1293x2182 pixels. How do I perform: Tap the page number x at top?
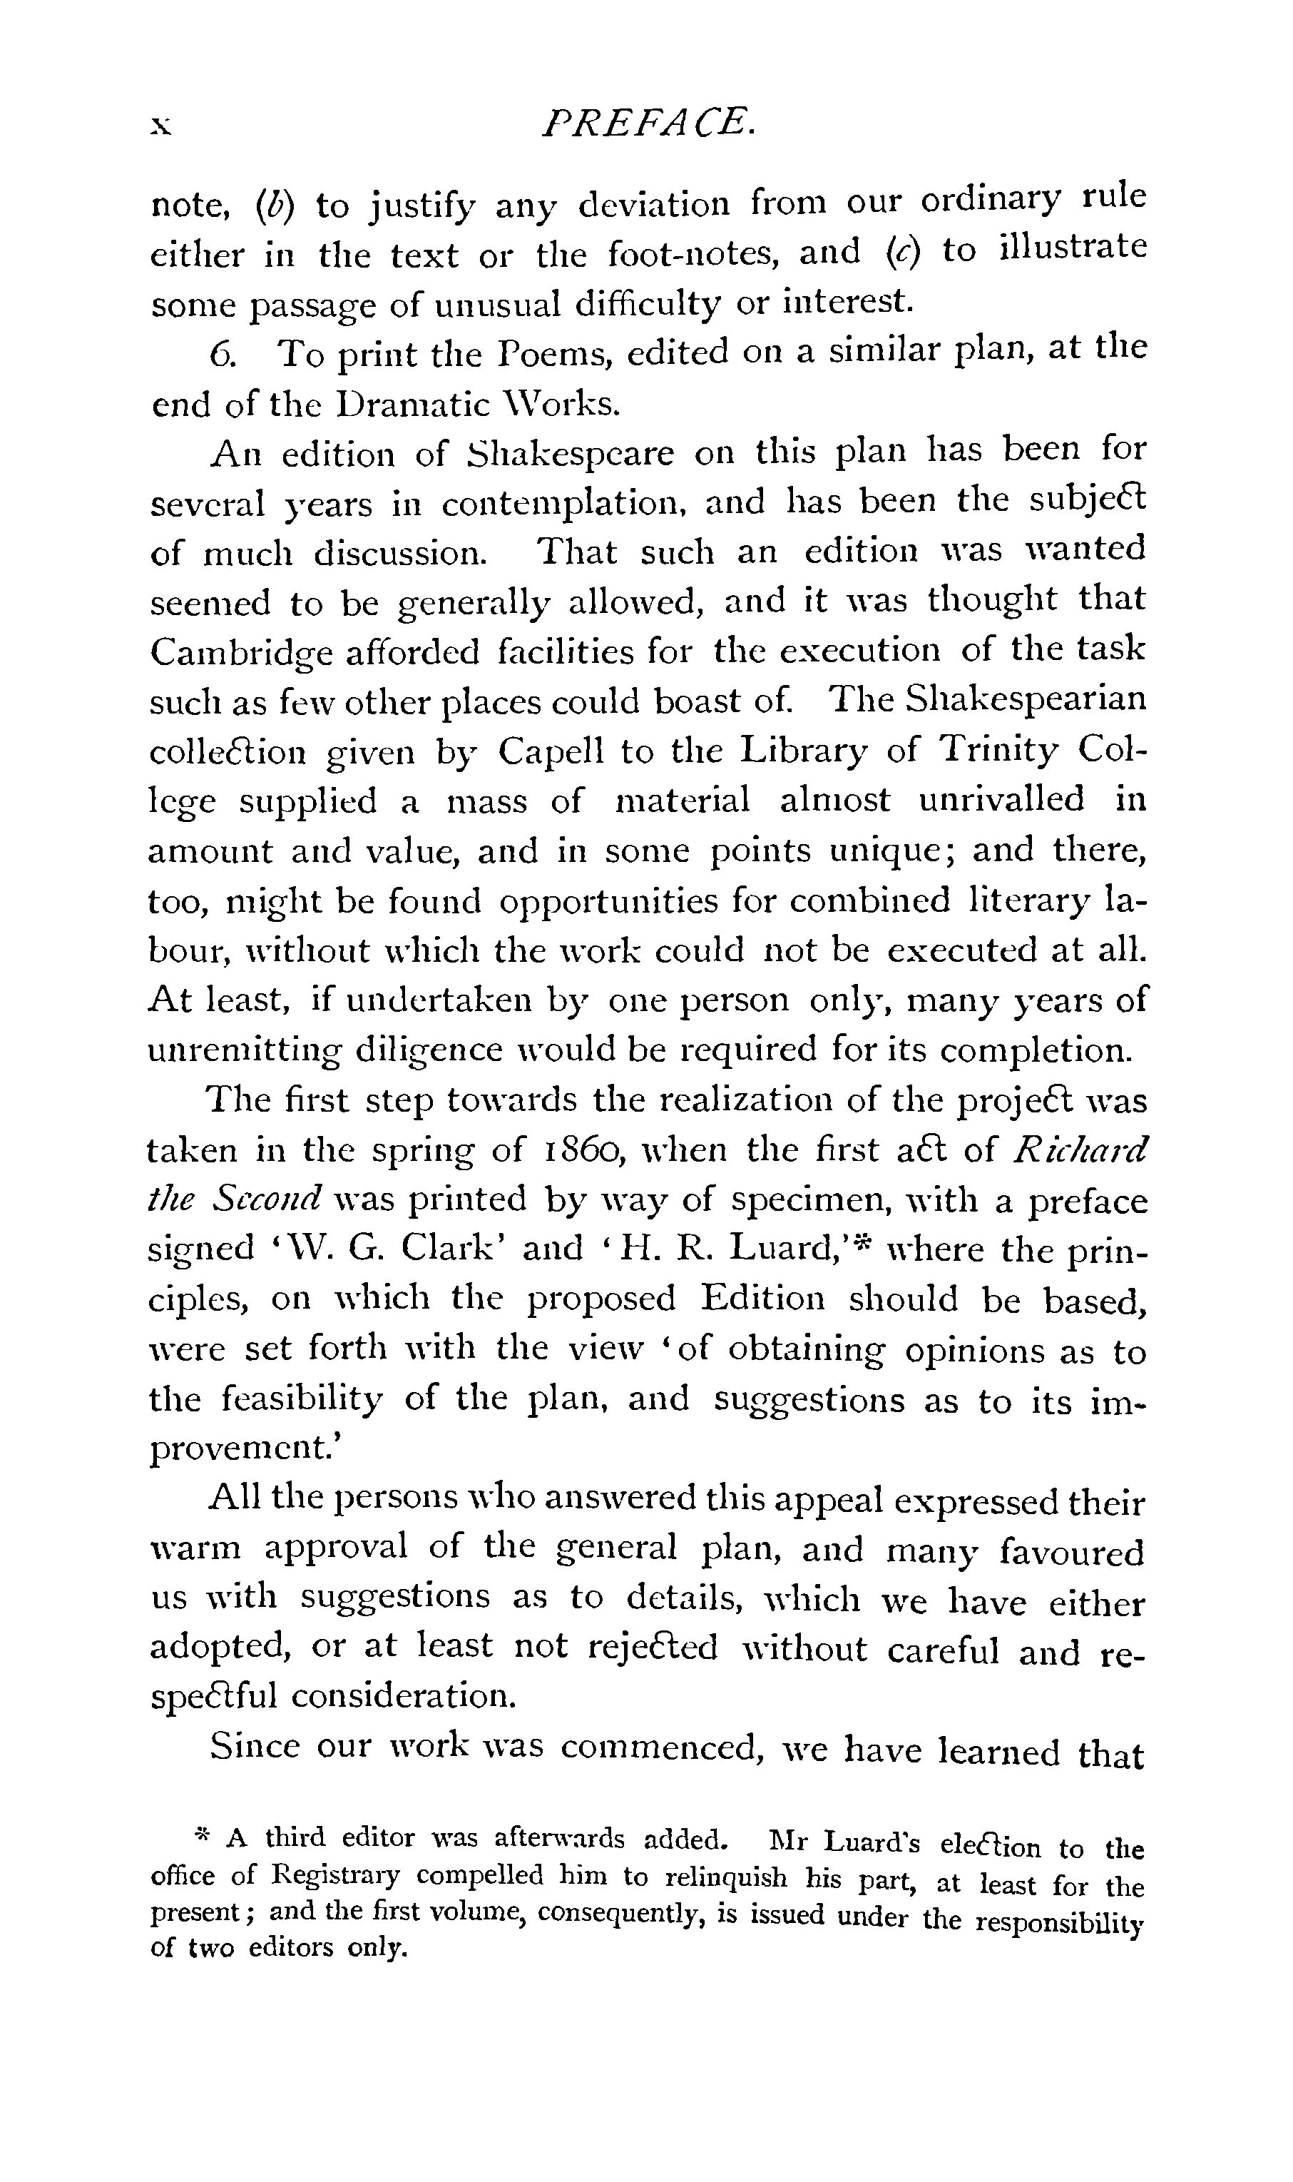pyautogui.click(x=161, y=127)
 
